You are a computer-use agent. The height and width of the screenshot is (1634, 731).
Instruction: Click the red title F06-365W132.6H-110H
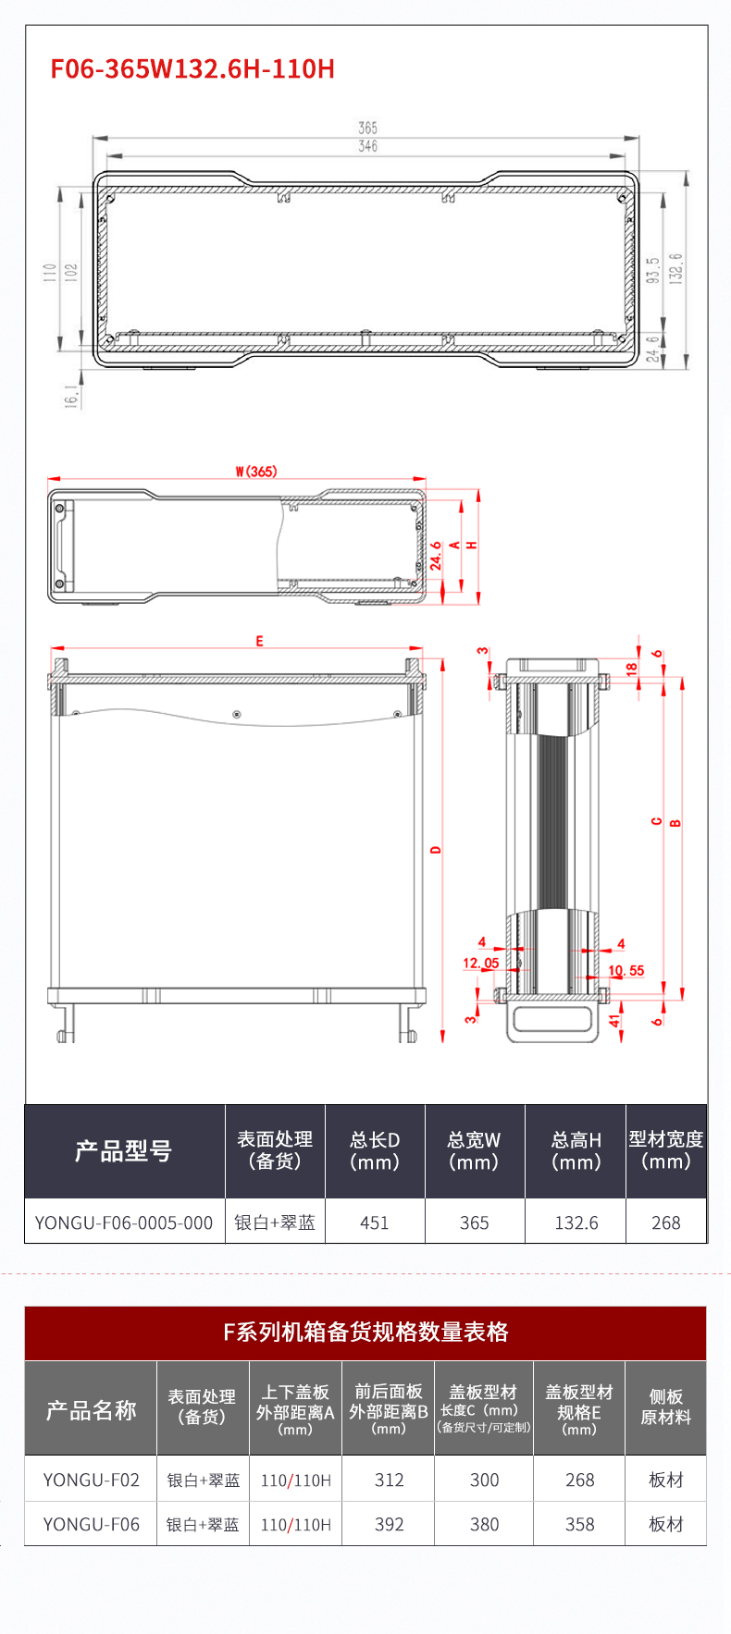tap(192, 69)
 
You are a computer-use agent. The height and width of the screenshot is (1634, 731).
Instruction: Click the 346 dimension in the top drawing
tap(367, 146)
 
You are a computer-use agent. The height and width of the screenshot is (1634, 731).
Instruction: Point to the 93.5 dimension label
tap(652, 271)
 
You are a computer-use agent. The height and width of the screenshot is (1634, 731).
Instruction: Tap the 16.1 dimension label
tap(71, 396)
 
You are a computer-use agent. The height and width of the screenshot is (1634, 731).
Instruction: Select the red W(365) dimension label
tap(256, 472)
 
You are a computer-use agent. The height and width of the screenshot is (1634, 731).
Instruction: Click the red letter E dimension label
tap(259, 641)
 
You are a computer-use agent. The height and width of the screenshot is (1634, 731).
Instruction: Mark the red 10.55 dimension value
tap(626, 970)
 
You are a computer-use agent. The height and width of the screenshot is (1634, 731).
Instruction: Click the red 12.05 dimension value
tap(481, 963)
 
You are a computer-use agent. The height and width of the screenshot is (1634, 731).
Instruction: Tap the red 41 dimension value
tap(614, 1021)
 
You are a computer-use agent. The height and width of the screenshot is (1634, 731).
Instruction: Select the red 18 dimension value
tap(632, 669)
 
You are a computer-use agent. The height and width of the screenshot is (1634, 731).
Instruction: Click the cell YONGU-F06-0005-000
tap(124, 1222)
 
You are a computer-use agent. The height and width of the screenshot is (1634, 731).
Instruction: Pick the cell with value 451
tap(375, 1222)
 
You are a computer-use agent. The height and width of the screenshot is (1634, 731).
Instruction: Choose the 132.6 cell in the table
tap(576, 1222)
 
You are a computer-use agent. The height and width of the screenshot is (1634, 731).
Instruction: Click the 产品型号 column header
tap(124, 1151)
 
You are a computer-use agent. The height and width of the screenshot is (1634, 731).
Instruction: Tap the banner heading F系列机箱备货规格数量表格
tap(365, 1332)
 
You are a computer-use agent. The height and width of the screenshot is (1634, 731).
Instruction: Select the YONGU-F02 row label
tap(91, 1480)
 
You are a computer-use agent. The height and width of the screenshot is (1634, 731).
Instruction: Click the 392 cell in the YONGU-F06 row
tap(389, 1524)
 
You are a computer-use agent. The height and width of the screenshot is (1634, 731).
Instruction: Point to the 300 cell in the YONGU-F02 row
tap(484, 1480)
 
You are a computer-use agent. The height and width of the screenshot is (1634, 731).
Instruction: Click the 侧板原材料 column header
tap(665, 1407)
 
